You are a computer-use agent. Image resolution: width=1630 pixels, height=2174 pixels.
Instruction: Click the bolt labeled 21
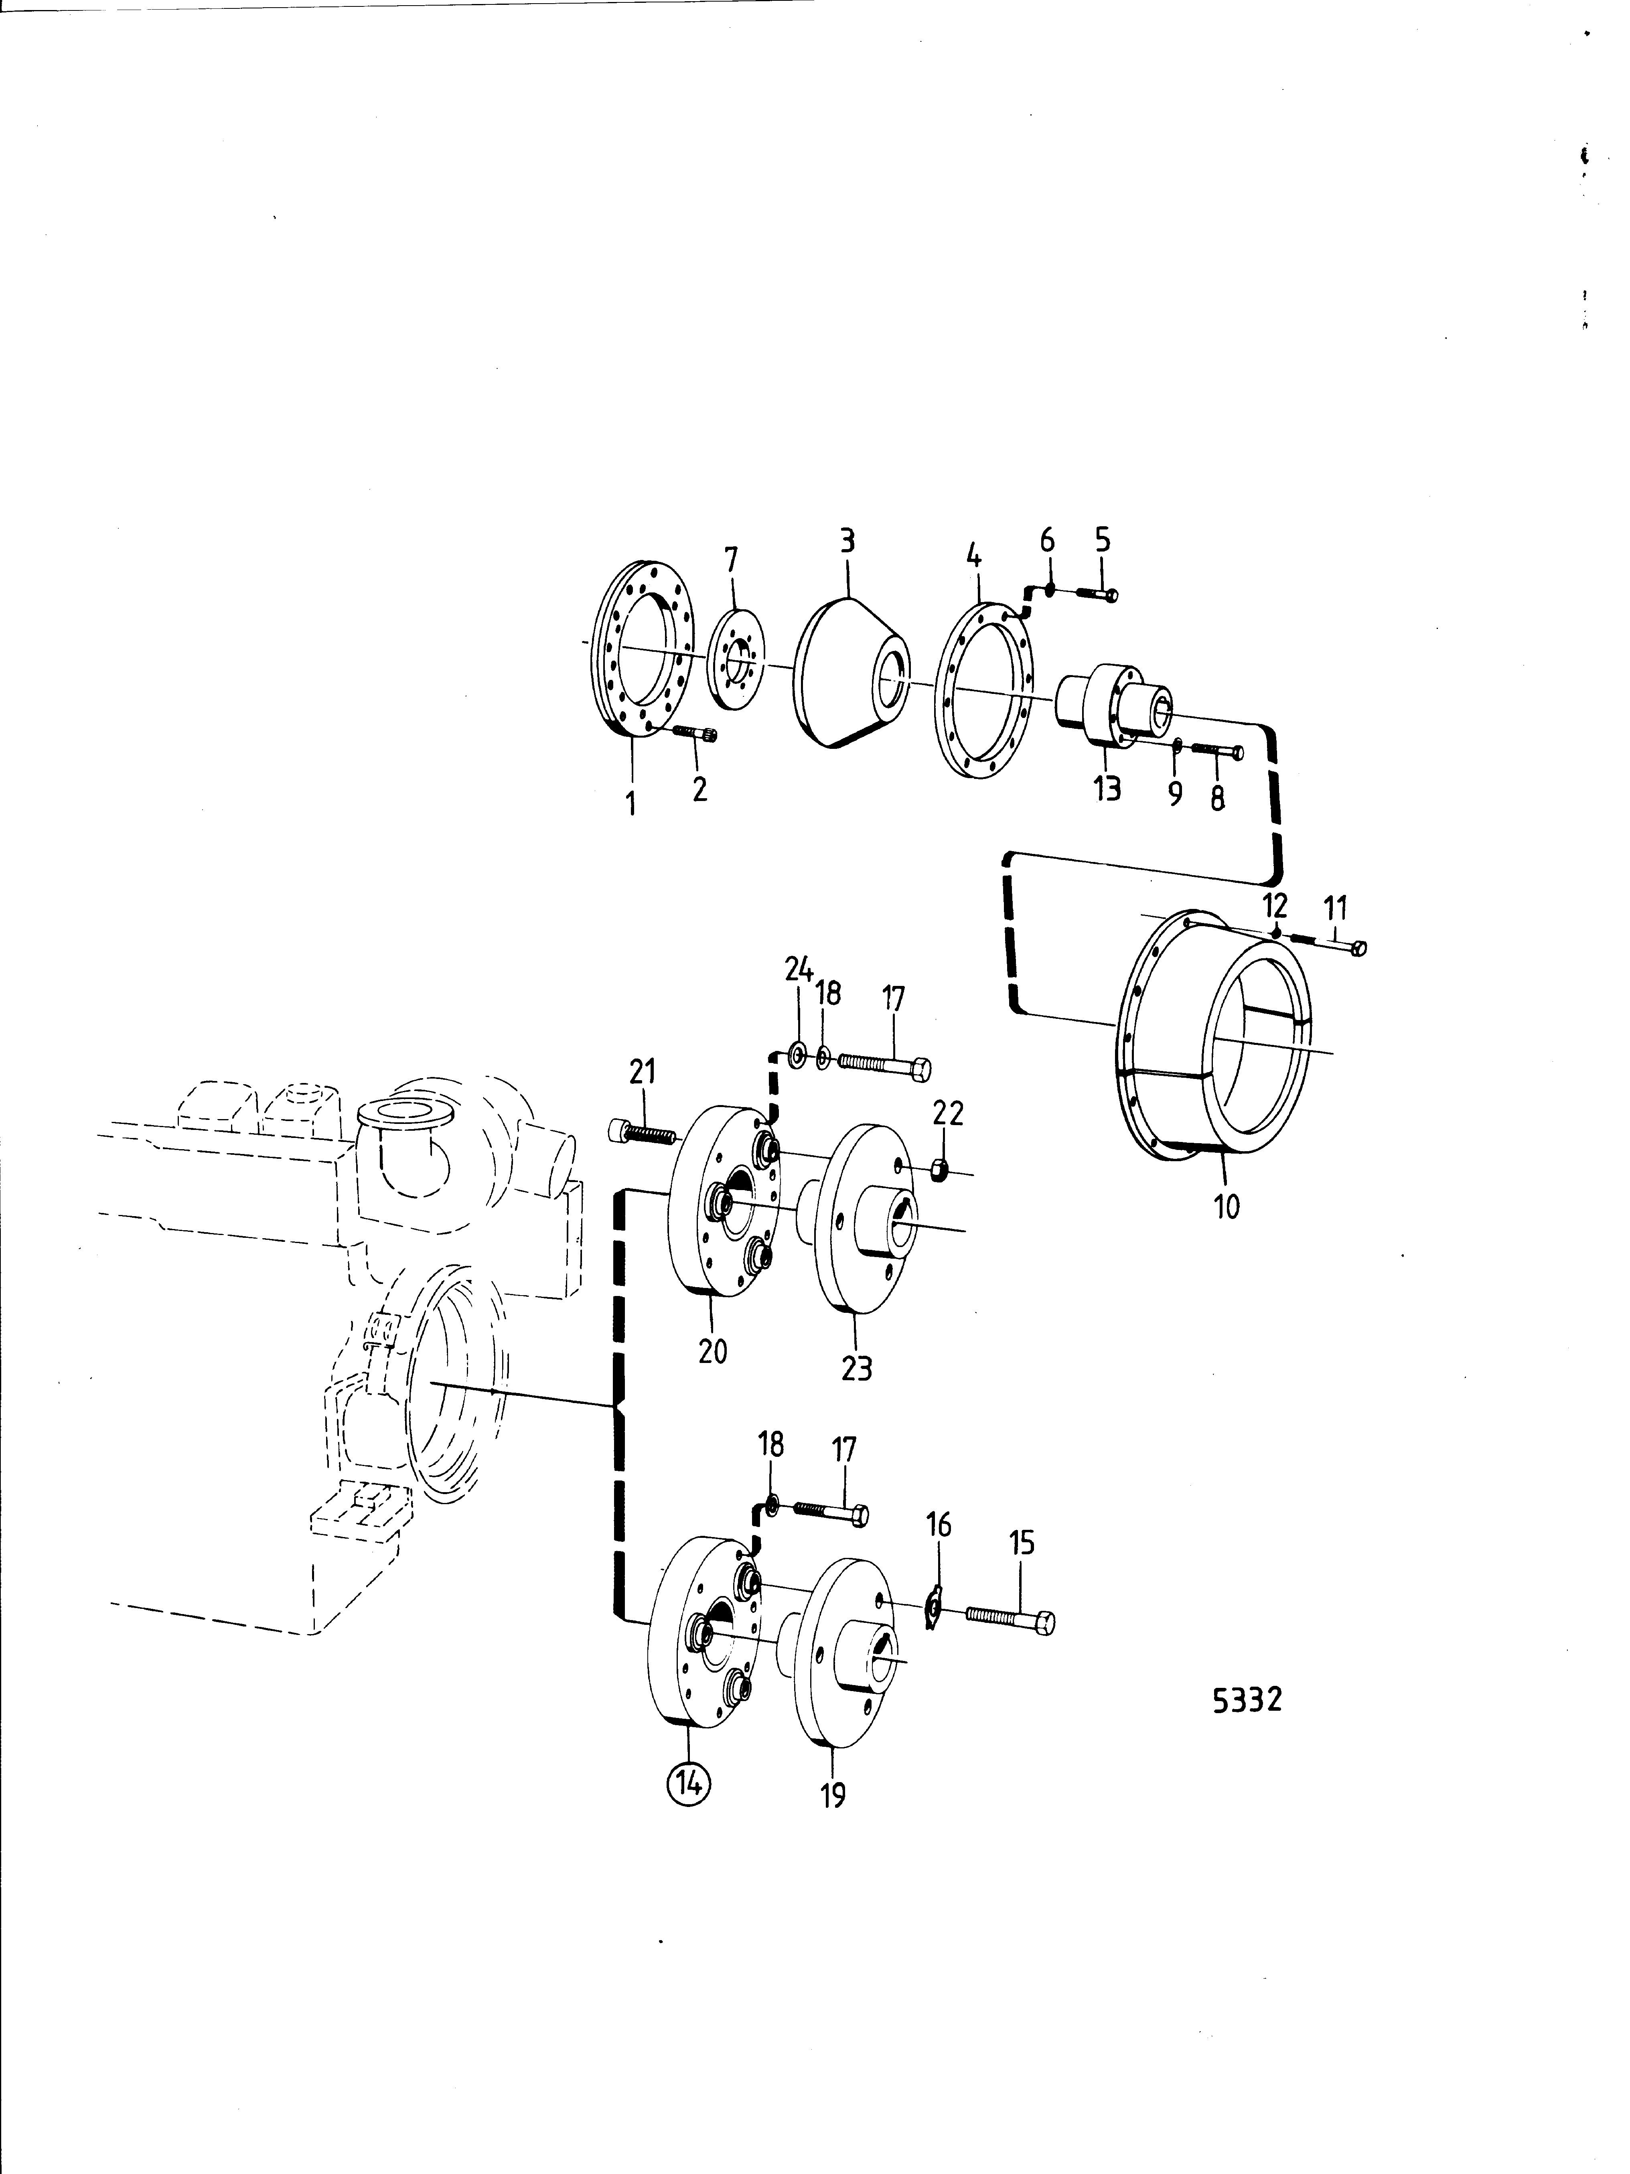click(641, 1131)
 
